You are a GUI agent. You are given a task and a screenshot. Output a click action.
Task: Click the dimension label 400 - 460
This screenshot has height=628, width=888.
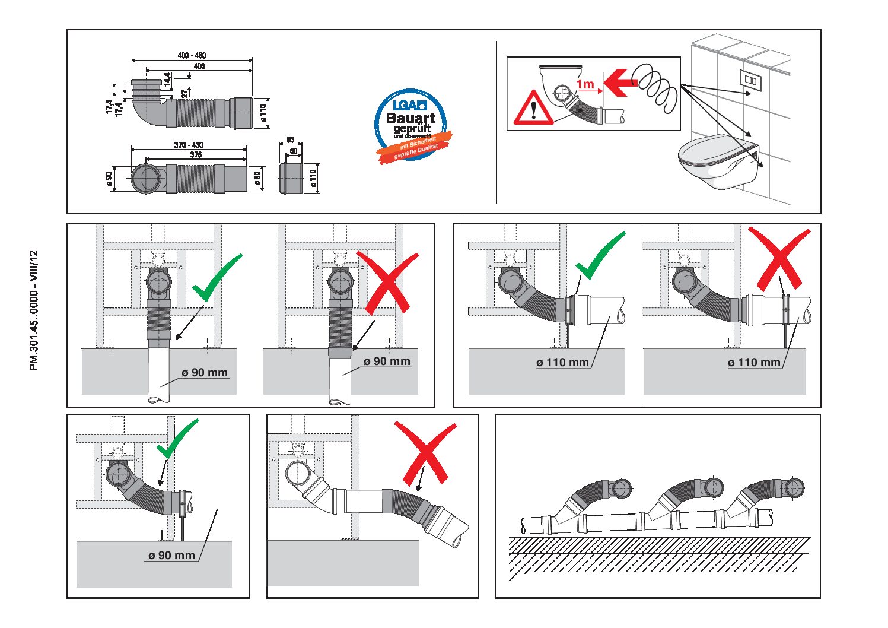(x=192, y=55)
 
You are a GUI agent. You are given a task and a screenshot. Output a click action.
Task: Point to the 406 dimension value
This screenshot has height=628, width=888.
(x=199, y=66)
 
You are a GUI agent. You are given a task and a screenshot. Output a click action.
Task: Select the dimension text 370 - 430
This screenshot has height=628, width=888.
(x=189, y=145)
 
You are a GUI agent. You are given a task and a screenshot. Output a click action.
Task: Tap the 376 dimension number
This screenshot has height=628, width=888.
(x=196, y=155)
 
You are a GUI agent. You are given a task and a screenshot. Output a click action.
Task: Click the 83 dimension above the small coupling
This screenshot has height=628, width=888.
(x=291, y=140)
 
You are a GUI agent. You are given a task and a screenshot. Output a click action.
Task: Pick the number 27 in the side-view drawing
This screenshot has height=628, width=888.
(x=185, y=93)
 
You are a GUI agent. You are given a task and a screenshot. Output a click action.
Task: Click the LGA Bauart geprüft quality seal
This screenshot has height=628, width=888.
(x=411, y=125)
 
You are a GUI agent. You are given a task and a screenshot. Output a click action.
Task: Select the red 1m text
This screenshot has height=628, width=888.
(x=585, y=84)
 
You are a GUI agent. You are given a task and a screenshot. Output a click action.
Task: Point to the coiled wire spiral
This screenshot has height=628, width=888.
(x=655, y=86)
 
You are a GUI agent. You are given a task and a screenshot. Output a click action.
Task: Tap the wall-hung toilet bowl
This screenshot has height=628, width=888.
(x=718, y=163)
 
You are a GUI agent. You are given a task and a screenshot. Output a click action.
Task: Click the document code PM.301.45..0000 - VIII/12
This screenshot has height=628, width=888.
(x=34, y=310)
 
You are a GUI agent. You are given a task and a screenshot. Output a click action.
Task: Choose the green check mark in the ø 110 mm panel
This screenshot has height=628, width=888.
(x=600, y=256)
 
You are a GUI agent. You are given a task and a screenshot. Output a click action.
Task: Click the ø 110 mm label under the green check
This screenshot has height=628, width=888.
(x=562, y=363)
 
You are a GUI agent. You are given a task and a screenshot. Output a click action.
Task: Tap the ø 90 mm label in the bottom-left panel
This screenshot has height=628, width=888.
(x=171, y=556)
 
